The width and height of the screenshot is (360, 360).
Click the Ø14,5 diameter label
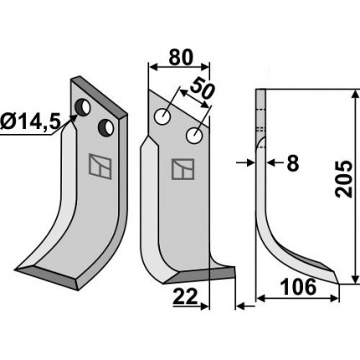click(x=30, y=122)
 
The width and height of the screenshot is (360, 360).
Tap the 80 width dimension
click(x=181, y=58)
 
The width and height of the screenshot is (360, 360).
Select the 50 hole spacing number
click(x=202, y=89)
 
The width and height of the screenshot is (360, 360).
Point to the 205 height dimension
click(x=344, y=179)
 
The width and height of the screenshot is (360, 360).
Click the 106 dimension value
click(x=298, y=287)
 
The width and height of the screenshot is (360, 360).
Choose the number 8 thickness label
click(x=293, y=163)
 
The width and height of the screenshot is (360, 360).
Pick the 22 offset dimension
click(x=185, y=296)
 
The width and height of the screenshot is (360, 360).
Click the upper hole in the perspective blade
click(x=83, y=107)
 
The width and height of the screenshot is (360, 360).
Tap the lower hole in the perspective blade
click(x=106, y=127)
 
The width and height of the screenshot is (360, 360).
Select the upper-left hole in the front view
click(x=162, y=117)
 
